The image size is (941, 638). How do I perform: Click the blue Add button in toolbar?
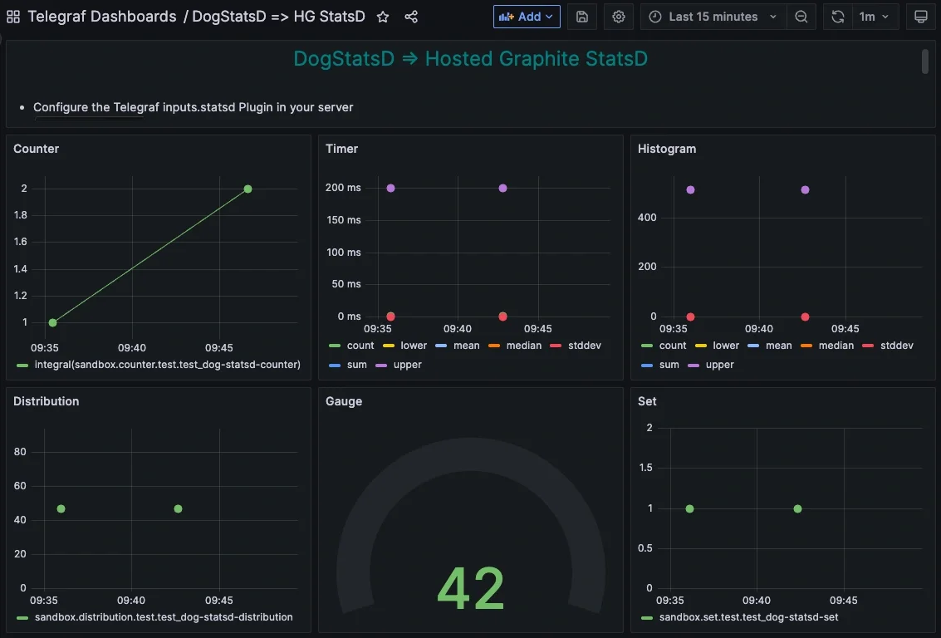pyautogui.click(x=527, y=17)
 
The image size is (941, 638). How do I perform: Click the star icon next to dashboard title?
pyautogui.click(x=383, y=17)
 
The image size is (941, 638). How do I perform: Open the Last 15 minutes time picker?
pyautogui.click(x=713, y=17)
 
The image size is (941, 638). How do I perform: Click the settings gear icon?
pyautogui.click(x=619, y=17)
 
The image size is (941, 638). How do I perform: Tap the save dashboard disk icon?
pyautogui.click(x=582, y=17)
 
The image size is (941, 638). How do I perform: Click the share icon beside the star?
pyautogui.click(x=411, y=17)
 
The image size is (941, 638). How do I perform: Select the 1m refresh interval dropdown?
pyautogui.click(x=875, y=17)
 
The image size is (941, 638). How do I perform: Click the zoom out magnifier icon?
pyautogui.click(x=801, y=17)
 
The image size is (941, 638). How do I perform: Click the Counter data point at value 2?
pyautogui.click(x=248, y=189)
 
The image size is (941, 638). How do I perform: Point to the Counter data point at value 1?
pyautogui.click(x=52, y=322)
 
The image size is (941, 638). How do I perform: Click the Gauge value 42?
pyautogui.click(x=471, y=589)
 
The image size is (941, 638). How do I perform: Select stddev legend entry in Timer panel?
pyautogui.click(x=583, y=346)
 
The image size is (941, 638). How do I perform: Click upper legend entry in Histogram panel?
pyautogui.click(x=719, y=365)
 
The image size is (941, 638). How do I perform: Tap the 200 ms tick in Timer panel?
pyautogui.click(x=343, y=188)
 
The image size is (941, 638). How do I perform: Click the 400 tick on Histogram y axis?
pyautogui.click(x=647, y=218)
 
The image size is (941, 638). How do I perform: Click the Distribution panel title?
pyautogui.click(x=47, y=401)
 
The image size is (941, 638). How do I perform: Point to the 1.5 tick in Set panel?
pyautogui.click(x=644, y=468)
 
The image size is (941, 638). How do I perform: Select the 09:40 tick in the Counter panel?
pyautogui.click(x=132, y=348)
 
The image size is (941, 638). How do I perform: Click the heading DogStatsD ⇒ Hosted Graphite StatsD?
pyautogui.click(x=470, y=59)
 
